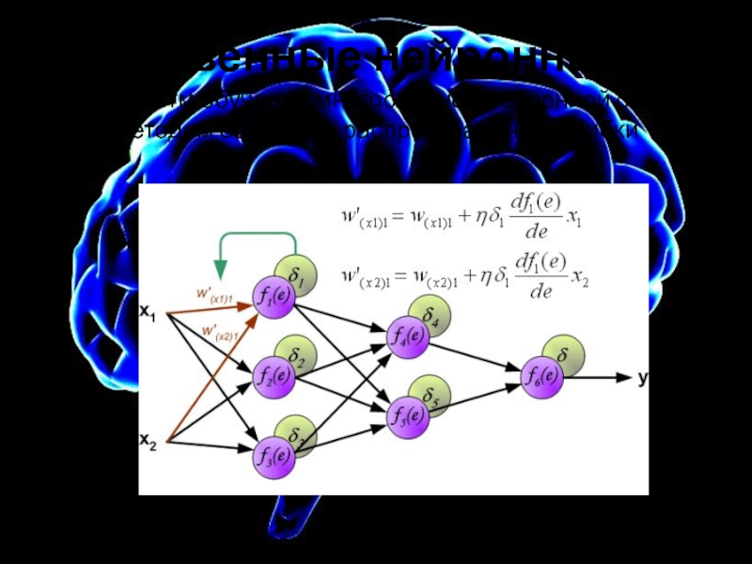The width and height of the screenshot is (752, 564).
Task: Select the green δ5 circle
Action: tap(432, 394)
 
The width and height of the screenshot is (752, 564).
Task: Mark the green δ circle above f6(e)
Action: tap(565, 354)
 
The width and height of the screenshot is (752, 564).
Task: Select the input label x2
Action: tap(149, 439)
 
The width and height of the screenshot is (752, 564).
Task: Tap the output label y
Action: tap(643, 377)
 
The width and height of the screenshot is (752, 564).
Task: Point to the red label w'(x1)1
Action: tap(214, 295)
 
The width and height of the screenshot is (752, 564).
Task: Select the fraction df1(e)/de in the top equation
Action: tap(539, 217)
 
